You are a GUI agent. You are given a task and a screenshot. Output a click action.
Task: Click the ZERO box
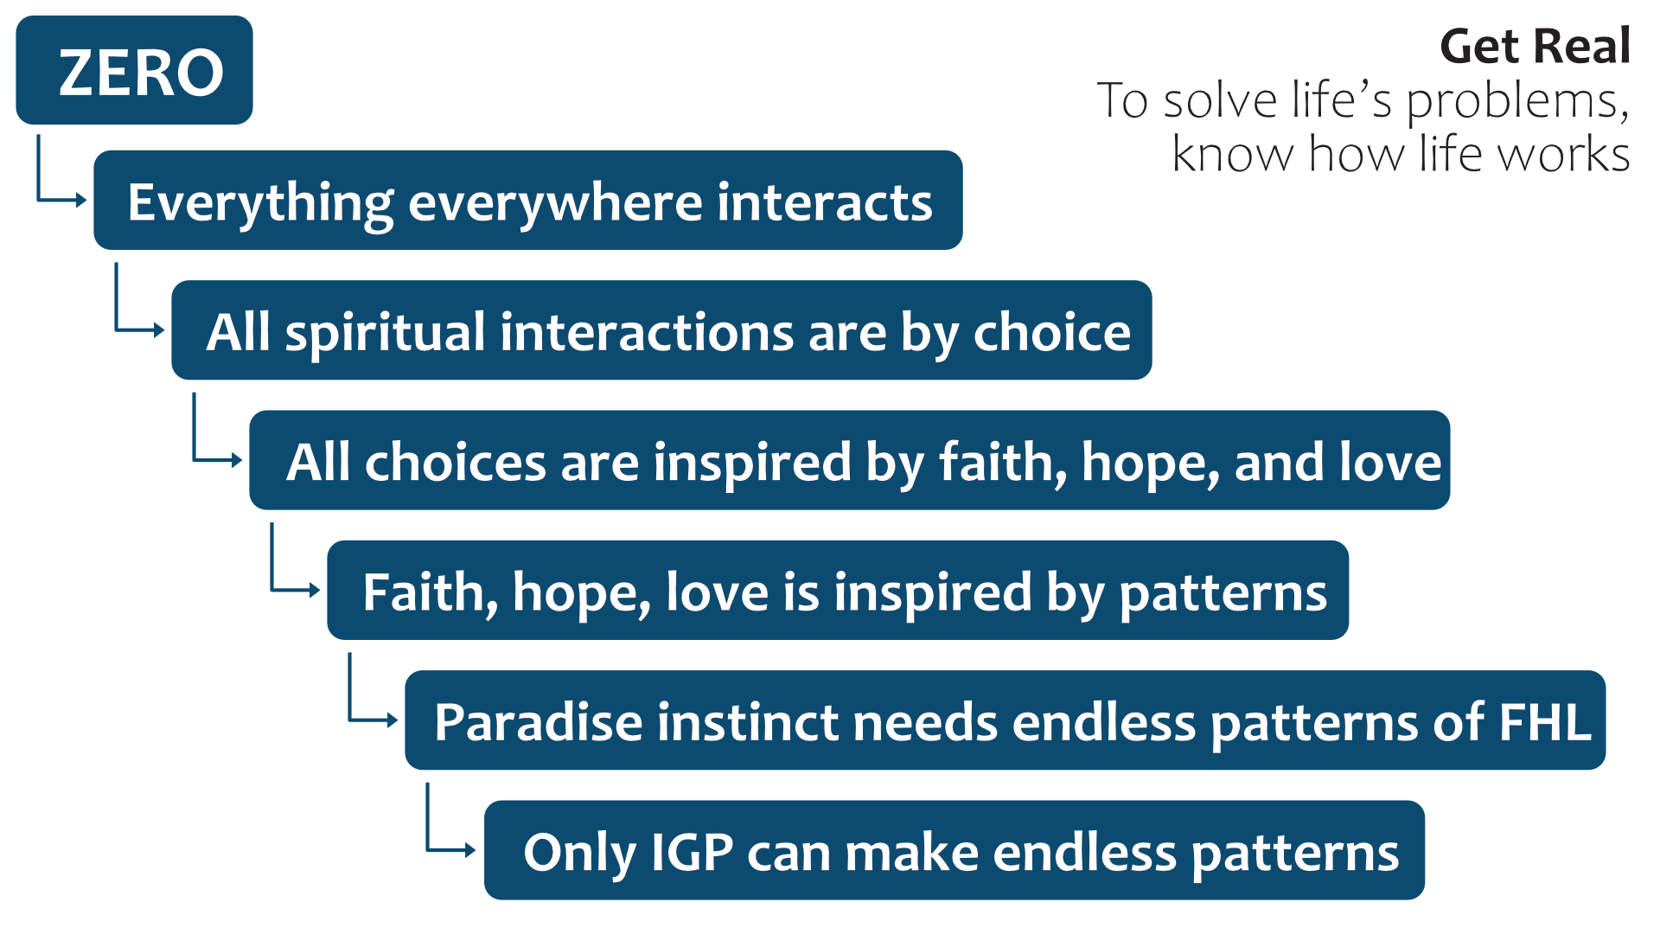tap(134, 70)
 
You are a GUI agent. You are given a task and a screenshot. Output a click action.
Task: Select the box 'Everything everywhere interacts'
tap(528, 201)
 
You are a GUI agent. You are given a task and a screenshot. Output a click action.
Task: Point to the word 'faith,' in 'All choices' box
tap(1003, 463)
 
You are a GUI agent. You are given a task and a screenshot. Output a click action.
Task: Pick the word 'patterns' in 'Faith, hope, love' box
tap(1223, 594)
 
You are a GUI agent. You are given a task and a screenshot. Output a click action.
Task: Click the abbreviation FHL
tap(1545, 722)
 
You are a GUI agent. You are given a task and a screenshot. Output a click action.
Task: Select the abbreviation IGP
tap(692, 853)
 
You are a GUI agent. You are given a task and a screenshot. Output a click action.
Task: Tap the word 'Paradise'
tap(539, 722)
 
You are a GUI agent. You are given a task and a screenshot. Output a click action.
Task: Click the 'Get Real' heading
tap(1535, 47)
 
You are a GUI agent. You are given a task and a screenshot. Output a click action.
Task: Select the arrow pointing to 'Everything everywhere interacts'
tap(38, 200)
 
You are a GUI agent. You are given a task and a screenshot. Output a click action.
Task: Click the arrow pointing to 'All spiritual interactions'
tap(116, 329)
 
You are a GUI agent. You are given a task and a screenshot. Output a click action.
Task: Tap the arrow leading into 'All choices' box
tap(194, 459)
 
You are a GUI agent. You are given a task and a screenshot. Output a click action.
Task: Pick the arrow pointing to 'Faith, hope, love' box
tap(271, 590)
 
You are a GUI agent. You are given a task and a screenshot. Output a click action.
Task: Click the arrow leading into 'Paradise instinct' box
tap(349, 720)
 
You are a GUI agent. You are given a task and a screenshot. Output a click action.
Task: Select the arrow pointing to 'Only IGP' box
tap(427, 849)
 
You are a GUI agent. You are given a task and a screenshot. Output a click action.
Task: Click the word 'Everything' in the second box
tap(261, 204)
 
